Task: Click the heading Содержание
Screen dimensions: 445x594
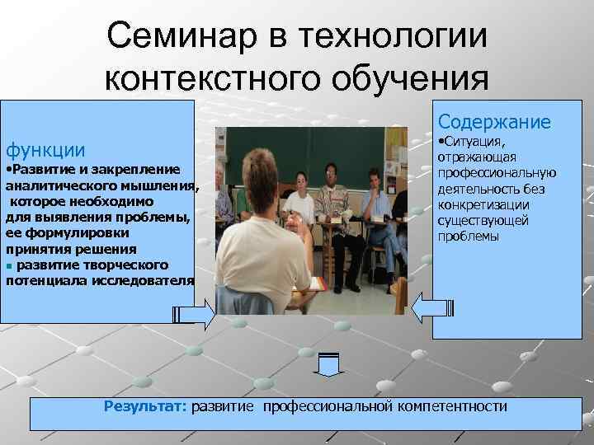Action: pyautogui.click(x=494, y=122)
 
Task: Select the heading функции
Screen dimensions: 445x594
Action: pyautogui.click(x=45, y=150)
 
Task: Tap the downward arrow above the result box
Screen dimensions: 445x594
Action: pyautogui.click(x=328, y=363)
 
